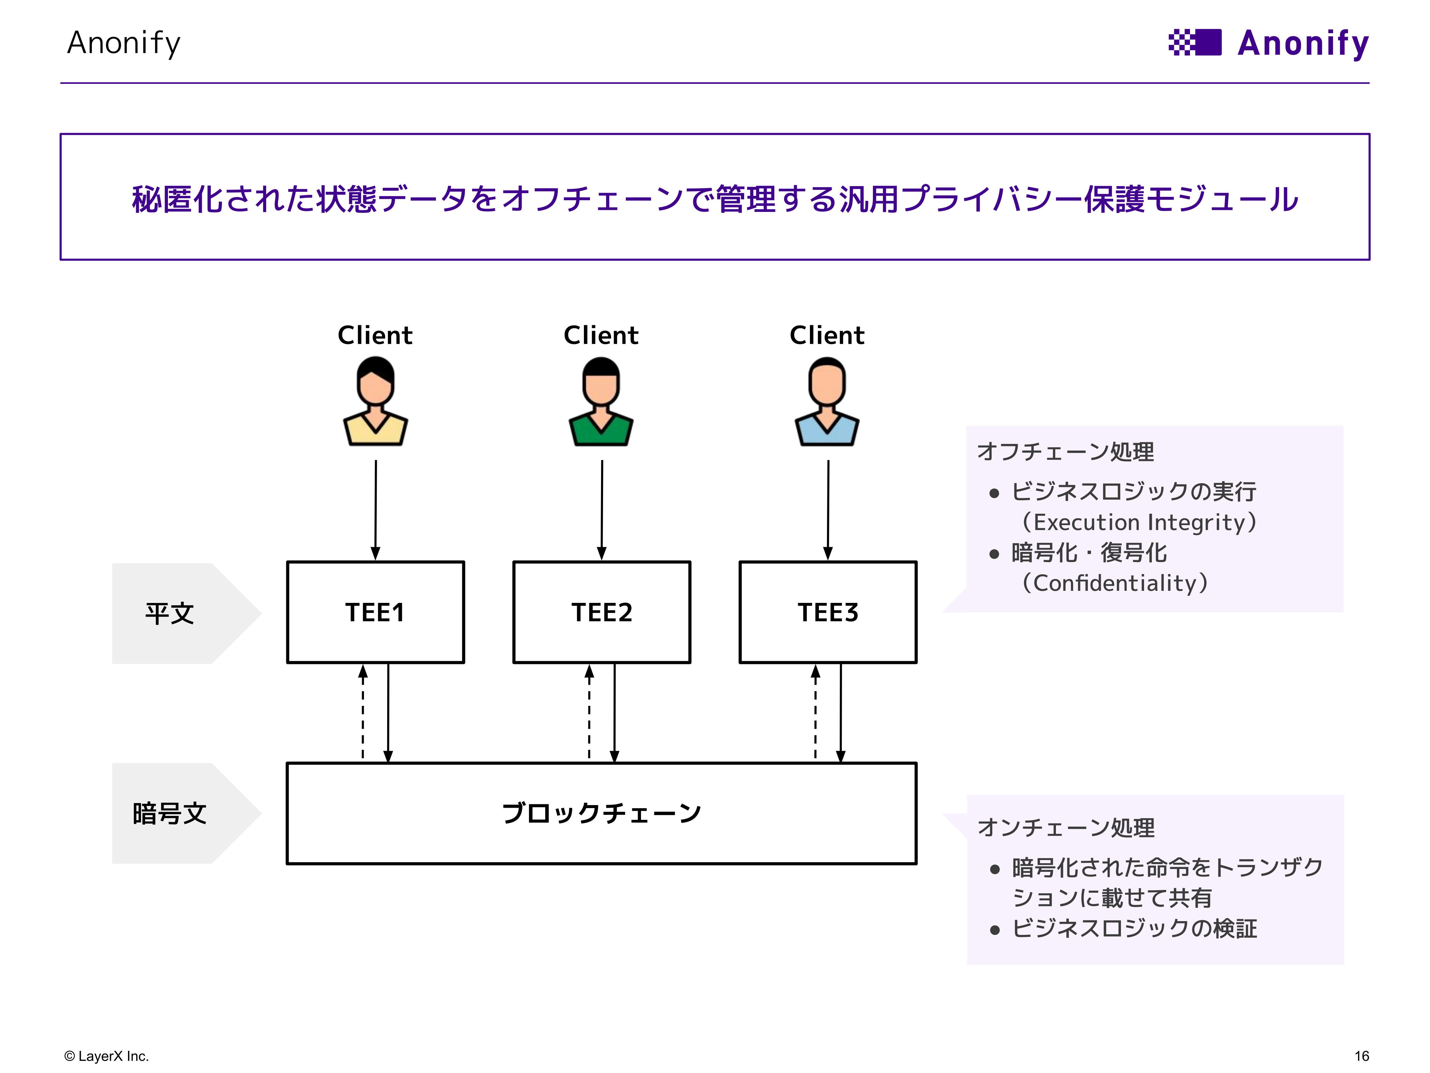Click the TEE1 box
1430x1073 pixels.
(375, 612)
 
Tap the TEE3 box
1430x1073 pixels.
(828, 612)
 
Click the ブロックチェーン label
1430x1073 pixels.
(601, 813)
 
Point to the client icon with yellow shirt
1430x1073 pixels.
(375, 402)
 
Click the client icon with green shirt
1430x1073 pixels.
(601, 402)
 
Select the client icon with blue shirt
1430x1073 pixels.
(827, 402)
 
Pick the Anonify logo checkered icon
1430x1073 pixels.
(1195, 43)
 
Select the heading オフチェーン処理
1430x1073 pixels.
(1065, 451)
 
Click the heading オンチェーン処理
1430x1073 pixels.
(1065, 827)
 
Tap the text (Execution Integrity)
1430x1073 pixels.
(1138, 522)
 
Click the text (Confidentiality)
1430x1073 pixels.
(1113, 583)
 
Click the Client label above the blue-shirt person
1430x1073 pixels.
(827, 335)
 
